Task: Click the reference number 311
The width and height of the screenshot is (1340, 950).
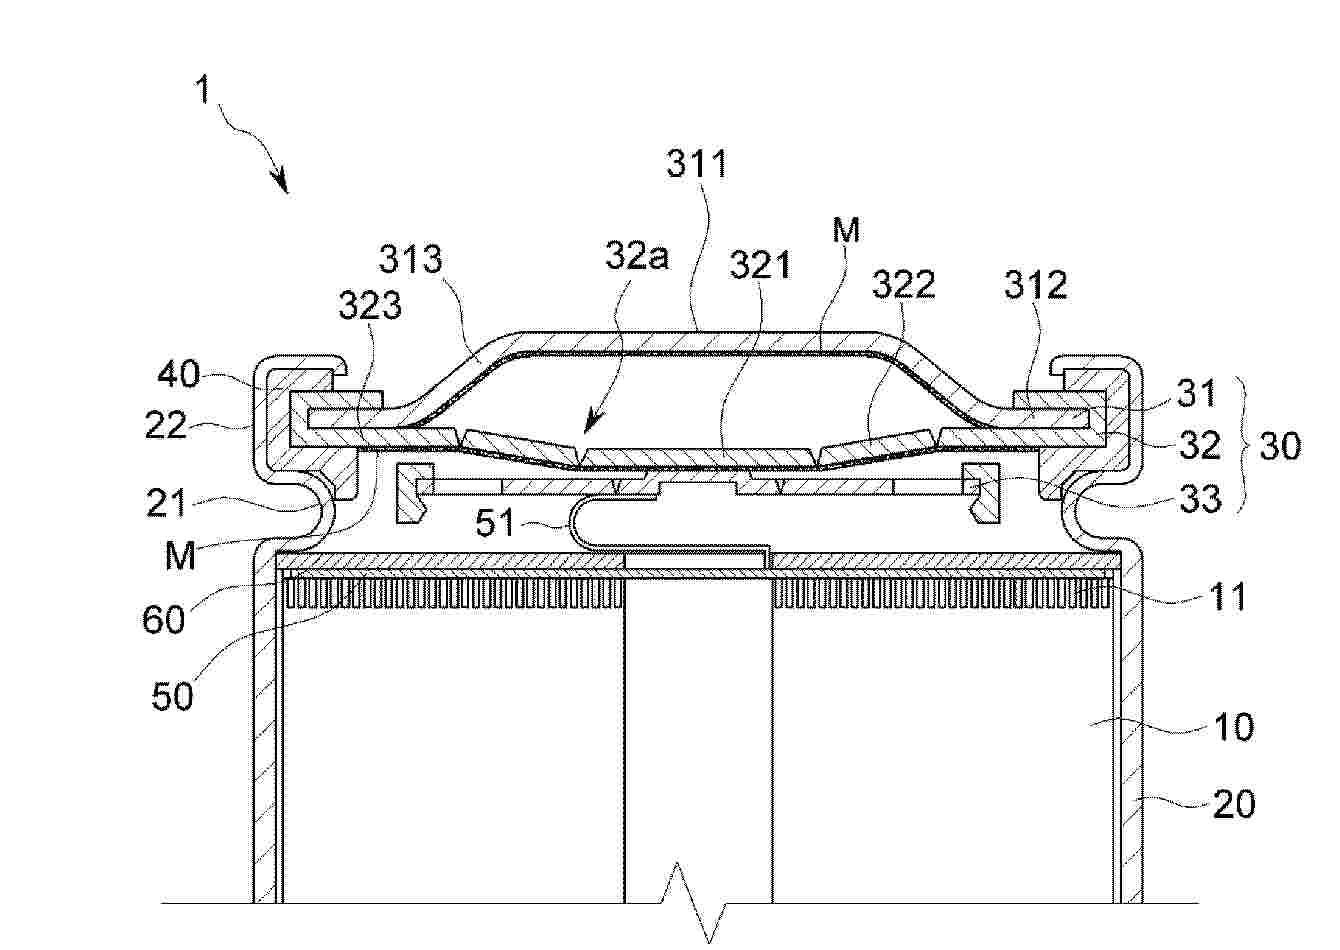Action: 697,163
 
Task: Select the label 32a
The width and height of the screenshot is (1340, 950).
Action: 636,256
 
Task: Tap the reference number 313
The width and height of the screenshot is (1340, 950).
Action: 411,259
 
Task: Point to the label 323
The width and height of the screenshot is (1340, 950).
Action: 370,305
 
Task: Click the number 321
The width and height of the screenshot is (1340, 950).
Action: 760,264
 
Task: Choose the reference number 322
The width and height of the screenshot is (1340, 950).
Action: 903,284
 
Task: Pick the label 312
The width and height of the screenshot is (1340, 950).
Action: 1036,285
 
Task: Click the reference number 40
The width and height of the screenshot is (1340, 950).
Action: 178,375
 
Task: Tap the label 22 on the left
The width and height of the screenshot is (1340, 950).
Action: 166,425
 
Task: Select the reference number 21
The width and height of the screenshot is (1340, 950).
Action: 167,503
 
